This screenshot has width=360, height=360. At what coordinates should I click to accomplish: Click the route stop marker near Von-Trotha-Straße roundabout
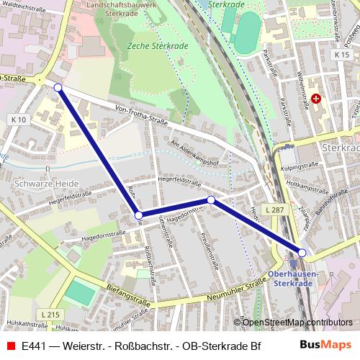point(58,88)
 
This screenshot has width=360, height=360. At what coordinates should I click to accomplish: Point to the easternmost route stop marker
point(302,253)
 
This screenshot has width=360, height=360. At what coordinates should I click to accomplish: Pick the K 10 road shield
point(19,120)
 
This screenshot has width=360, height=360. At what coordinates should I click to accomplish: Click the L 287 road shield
point(274,210)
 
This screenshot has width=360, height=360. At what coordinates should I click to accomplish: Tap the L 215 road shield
point(50,315)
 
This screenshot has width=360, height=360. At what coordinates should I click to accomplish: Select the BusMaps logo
point(325,346)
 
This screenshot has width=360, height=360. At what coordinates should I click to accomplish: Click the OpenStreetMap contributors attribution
point(297,322)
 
